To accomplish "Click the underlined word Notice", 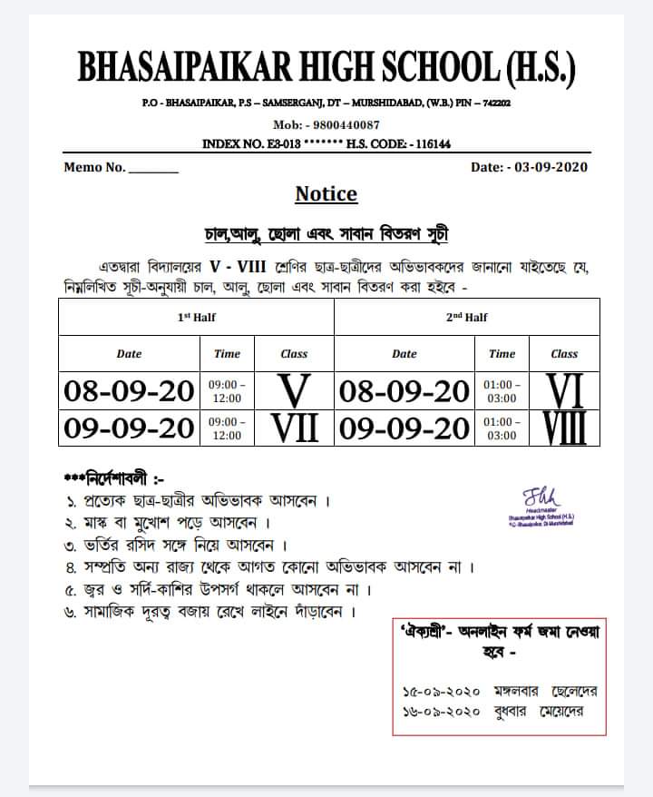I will coord(326,194).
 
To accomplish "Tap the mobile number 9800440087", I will coord(345,124).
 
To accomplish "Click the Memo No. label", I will coord(95,167).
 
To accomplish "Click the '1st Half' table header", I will coord(196,318).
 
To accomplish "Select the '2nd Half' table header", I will coord(467,318).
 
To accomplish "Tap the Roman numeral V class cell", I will coord(294,391).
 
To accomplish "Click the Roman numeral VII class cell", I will coord(294,428).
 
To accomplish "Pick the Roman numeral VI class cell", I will coord(564,391).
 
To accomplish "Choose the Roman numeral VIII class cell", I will coord(564,428).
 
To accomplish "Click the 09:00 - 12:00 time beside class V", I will coord(227,391).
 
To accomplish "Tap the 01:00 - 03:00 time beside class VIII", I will coord(502,428).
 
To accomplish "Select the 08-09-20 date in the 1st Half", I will coord(129,391).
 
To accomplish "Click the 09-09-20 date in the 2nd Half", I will coord(404,428).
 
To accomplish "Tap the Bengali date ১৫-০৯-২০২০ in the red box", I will coord(438,692).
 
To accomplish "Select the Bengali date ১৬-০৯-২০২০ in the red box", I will coord(438,711).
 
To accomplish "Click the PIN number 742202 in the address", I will coord(495,103).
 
